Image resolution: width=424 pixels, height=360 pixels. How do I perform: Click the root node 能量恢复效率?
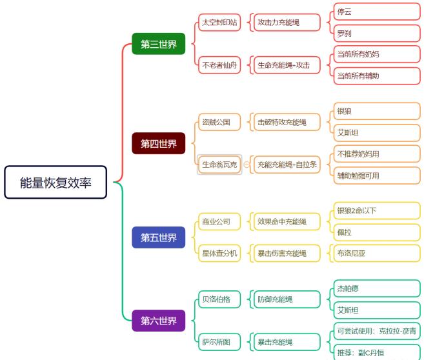tap(56, 183)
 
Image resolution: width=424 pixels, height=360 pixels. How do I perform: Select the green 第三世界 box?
tap(159, 44)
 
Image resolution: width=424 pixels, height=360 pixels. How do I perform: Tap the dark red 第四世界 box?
tap(159, 143)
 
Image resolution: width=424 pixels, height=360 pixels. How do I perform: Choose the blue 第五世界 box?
tap(159, 237)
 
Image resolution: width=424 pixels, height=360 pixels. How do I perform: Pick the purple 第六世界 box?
tap(159, 321)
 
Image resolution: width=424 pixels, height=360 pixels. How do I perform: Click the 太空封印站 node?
tap(219, 23)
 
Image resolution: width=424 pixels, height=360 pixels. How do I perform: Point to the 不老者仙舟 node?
tap(219, 65)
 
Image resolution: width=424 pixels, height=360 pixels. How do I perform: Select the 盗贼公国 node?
tap(219, 122)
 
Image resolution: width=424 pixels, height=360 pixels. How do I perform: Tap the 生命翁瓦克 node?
tap(219, 165)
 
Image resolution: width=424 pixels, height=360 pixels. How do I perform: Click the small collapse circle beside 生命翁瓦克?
tap(247, 165)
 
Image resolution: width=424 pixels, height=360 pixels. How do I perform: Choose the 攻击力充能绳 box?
tap(287, 23)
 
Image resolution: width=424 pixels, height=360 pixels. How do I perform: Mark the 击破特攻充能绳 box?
tap(287, 122)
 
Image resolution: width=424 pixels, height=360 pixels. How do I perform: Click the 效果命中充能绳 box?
tap(287, 222)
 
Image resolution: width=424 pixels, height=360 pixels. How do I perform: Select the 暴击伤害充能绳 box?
tap(287, 254)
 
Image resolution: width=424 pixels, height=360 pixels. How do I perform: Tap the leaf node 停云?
tap(377, 12)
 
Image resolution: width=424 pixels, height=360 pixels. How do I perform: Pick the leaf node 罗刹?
tap(377, 34)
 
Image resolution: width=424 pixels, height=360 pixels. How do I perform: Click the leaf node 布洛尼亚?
tap(377, 254)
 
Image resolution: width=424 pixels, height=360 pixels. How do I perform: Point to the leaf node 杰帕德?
tap(377, 288)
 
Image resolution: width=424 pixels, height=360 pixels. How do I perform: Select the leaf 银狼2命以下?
tap(377, 210)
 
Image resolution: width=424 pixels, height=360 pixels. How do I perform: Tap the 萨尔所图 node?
tap(219, 342)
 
